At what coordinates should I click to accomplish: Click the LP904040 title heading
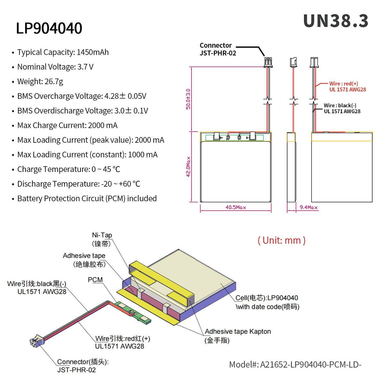pos(49,28)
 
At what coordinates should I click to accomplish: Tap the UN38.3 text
pos(336,21)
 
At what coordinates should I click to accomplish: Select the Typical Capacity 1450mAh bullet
pos(63,52)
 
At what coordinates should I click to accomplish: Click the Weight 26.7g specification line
pos(40,81)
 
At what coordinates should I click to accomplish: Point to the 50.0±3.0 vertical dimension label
pos(188,99)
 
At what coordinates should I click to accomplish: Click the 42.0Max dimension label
pos(188,167)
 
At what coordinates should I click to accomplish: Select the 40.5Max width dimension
pos(235,208)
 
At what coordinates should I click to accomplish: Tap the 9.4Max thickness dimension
pos(308,208)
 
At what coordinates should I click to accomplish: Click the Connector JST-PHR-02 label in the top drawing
pos(218,49)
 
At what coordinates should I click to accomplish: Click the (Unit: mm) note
pos(281,240)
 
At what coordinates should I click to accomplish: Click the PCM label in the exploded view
pos(95,280)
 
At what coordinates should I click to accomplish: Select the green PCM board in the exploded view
pos(133,312)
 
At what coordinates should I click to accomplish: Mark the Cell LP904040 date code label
pos(267,302)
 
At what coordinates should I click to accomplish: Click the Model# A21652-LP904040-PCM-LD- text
pos(295,365)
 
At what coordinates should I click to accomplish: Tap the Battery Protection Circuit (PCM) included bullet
pos(87,199)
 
